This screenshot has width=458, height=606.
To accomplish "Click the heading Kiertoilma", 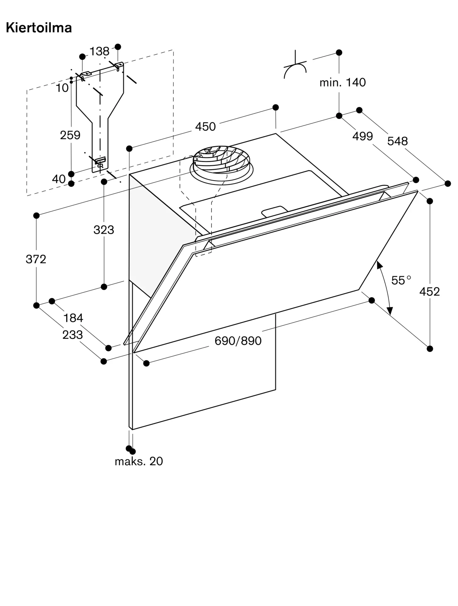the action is tap(39, 28).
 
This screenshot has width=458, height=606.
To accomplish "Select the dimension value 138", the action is tap(99, 52).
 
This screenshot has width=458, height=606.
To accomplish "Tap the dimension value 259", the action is tap(70, 135).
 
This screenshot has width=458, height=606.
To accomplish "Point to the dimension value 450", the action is tap(205, 127).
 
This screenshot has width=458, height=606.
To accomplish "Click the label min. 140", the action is tap(343, 82).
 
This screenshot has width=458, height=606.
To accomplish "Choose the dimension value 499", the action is tap(362, 136).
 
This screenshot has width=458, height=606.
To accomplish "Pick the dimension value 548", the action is tap(398, 141).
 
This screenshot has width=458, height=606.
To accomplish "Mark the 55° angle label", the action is tap(401, 280).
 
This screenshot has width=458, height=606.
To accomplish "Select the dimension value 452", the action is tap(429, 291).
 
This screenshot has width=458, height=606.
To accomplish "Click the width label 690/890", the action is tap(238, 341).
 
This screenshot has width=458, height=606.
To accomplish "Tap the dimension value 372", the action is tap(36, 259).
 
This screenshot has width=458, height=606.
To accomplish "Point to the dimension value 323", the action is tap(104, 230).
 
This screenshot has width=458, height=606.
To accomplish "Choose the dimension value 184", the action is tap(73, 318).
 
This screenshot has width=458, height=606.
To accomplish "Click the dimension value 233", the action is tap(72, 335).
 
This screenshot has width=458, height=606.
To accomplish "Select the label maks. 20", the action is tap(139, 461).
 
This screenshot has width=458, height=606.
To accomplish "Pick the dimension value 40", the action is tap(59, 179).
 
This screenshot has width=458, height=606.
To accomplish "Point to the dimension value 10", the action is tap(62, 88).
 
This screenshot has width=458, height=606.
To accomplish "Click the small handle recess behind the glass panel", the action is tap(274, 211).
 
